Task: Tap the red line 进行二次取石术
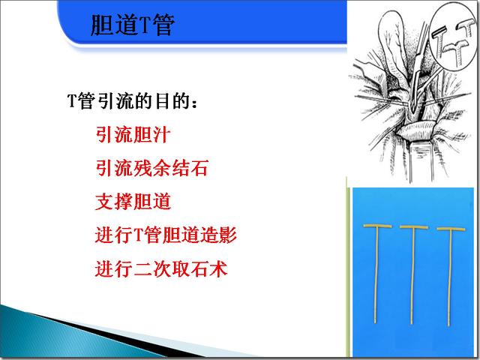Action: pyautogui.click(x=161, y=267)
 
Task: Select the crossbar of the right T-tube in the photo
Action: pyautogui.click(x=452, y=229)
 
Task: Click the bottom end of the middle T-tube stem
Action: pyautogui.click(x=413, y=322)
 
